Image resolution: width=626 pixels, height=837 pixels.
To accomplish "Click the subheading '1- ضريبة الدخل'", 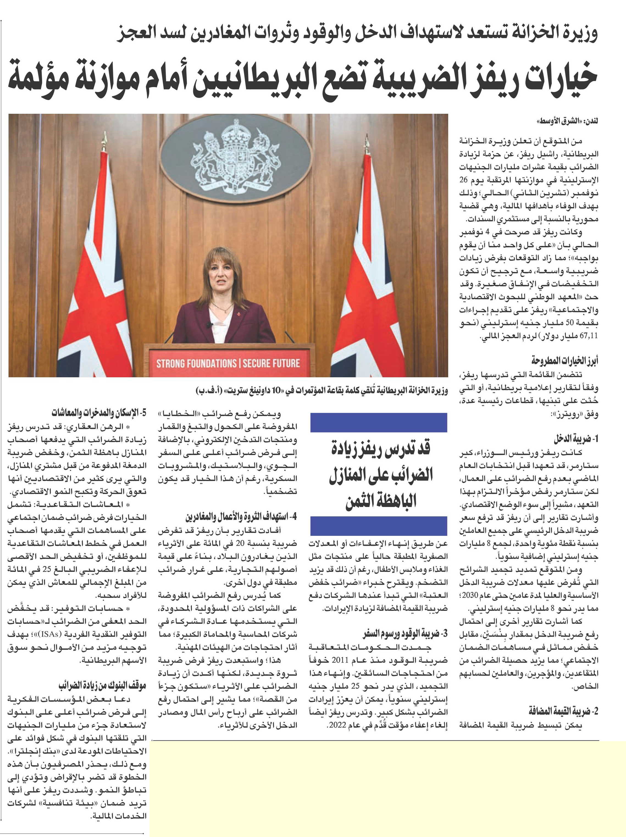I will (575, 439).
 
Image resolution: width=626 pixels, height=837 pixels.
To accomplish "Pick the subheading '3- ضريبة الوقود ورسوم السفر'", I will (405, 633).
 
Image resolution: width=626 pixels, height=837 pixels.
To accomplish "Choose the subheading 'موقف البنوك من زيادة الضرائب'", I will (102, 686).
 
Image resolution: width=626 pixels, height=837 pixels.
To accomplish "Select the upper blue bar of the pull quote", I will (378, 423).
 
